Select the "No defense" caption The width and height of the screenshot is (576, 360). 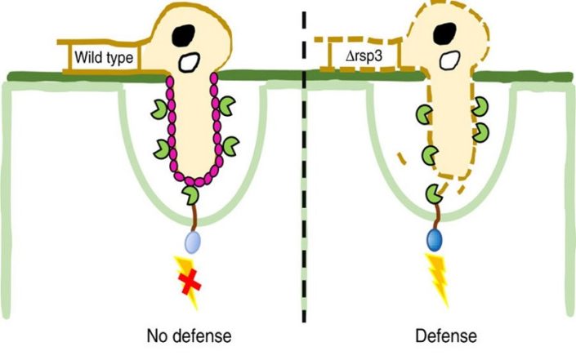190,335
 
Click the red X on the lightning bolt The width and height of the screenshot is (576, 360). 190,283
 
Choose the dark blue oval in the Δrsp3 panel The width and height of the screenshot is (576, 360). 436,241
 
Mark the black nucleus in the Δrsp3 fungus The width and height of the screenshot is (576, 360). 446,33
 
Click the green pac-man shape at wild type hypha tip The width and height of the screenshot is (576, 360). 190,197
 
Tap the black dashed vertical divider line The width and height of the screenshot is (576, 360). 305,180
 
